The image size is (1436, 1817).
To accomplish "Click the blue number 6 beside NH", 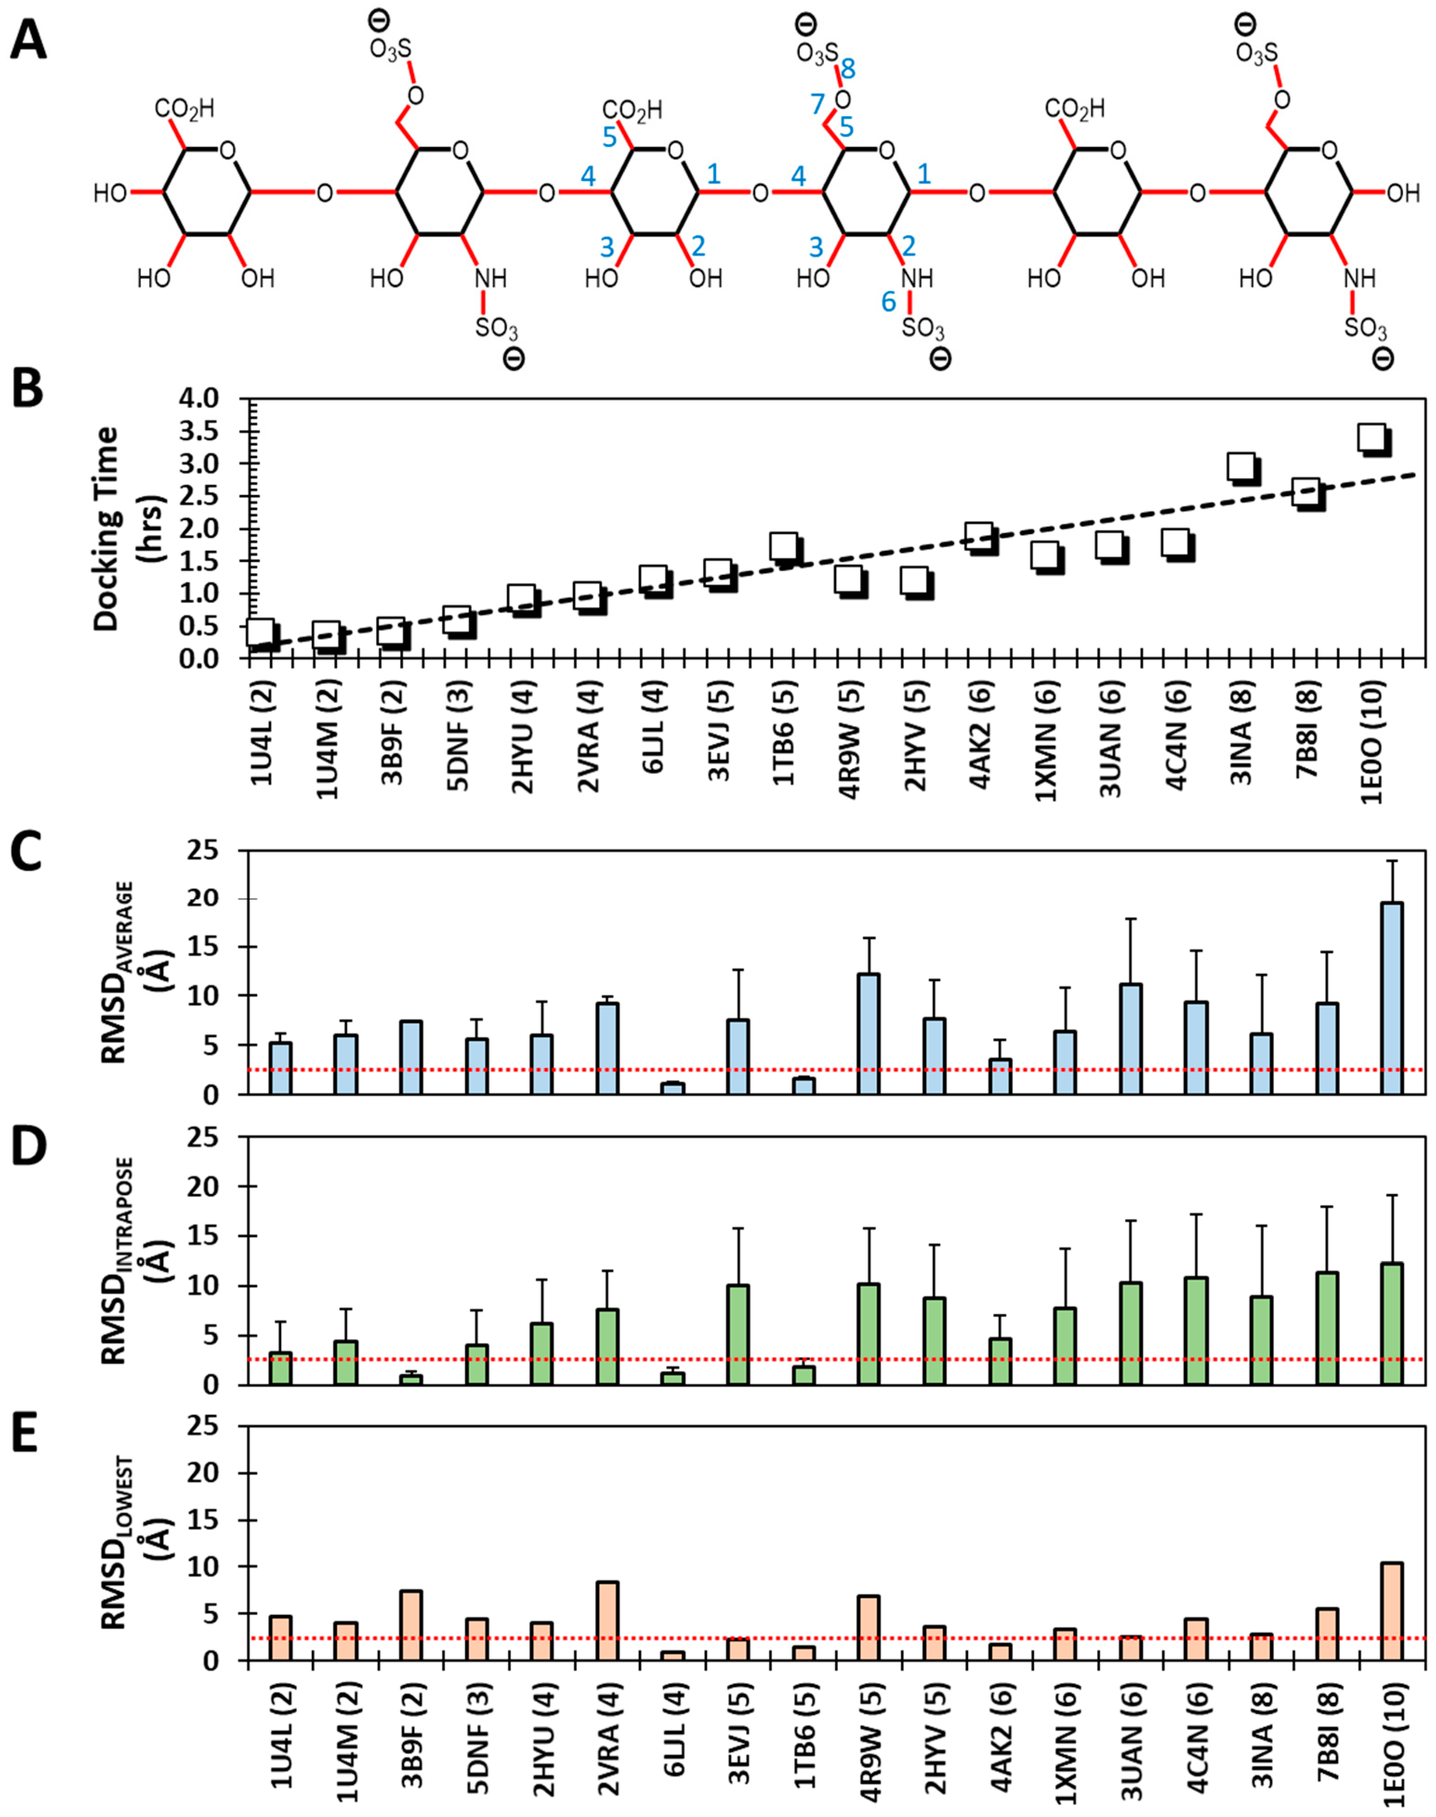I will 889,301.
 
